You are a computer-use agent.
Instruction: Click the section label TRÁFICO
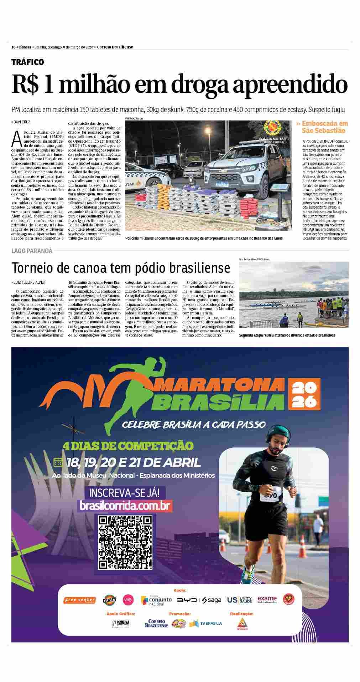pyautogui.click(x=28, y=62)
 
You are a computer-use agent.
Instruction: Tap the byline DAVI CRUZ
pyautogui.click(x=21, y=122)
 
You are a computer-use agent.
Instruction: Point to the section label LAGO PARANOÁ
pyautogui.click(x=32, y=251)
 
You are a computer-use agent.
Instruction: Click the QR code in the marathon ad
pyautogui.click(x=125, y=543)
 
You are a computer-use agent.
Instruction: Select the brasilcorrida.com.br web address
pyautogui.click(x=125, y=506)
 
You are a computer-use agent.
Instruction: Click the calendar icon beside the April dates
pyautogui.click(x=58, y=462)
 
